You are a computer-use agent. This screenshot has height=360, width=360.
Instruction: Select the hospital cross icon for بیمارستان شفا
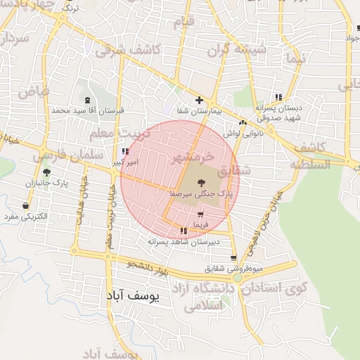[x=200, y=100]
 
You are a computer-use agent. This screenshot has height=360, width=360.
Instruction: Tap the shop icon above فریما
[x=201, y=214]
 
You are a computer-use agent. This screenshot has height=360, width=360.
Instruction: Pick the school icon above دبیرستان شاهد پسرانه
[x=184, y=231]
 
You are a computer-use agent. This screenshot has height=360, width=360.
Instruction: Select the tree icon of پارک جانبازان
[x=46, y=172]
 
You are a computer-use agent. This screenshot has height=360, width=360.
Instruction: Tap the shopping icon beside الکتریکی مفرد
[x=26, y=206]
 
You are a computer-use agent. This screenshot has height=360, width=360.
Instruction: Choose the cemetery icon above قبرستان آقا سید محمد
[x=87, y=101]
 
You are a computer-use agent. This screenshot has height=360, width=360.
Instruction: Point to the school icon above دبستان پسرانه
[x=279, y=97]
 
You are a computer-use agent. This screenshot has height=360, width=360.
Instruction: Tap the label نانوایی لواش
[x=243, y=132]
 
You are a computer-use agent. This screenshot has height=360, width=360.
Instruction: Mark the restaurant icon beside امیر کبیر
[x=125, y=151]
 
